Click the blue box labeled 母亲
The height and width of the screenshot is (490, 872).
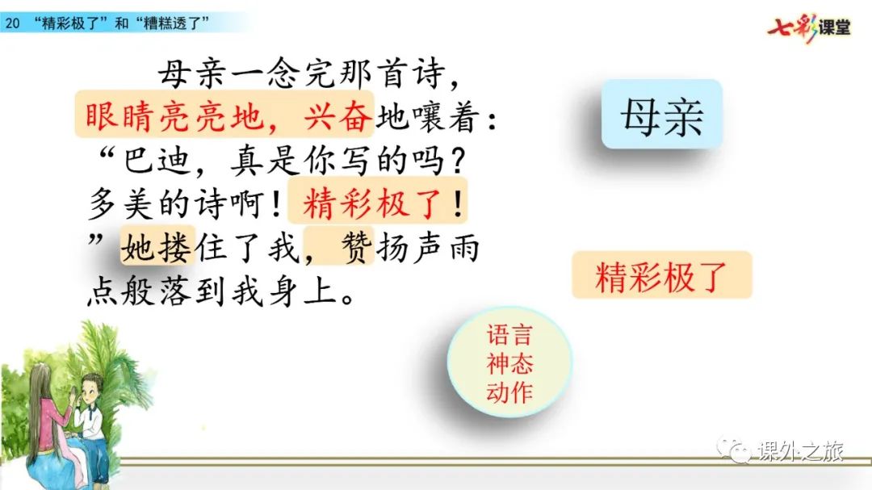click(662, 114)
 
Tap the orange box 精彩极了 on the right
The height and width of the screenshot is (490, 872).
click(662, 275)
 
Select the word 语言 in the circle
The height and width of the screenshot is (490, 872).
click(509, 335)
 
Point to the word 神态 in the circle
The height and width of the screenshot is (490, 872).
click(509, 364)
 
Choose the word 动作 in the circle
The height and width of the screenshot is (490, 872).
click(509, 392)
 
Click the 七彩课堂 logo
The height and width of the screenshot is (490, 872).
click(809, 27)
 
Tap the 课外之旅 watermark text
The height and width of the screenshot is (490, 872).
click(801, 450)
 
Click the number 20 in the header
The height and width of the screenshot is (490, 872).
click(12, 23)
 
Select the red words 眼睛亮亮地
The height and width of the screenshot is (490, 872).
click(174, 117)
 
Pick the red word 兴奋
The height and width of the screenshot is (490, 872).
click(337, 117)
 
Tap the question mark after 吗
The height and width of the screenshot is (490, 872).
click(457, 161)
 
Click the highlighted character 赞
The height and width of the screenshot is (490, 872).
click(357, 247)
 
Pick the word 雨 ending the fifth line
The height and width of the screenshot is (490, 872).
click(464, 247)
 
